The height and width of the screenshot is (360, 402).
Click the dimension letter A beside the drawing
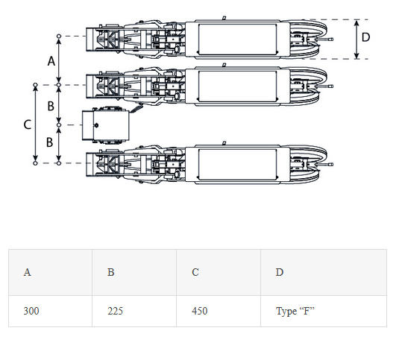51,61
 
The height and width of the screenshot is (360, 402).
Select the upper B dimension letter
51,106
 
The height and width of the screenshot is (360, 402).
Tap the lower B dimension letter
50,142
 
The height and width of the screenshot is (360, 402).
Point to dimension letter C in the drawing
27,124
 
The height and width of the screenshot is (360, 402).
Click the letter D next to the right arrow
365,37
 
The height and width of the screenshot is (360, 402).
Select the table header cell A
50,272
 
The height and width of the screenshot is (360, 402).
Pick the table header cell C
219,272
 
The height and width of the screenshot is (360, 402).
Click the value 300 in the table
31,311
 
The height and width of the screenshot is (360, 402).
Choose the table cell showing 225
134,311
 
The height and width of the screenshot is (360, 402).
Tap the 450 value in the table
199,311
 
